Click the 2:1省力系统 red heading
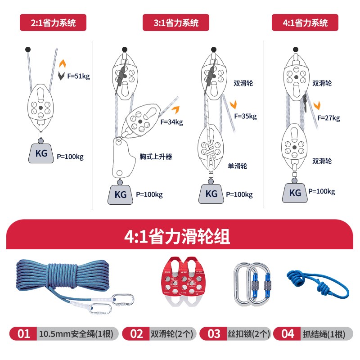point(53,22)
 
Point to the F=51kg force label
point(79,76)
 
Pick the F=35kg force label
point(245,117)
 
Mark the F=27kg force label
point(328,118)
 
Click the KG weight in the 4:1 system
point(295,193)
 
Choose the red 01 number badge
point(23,333)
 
